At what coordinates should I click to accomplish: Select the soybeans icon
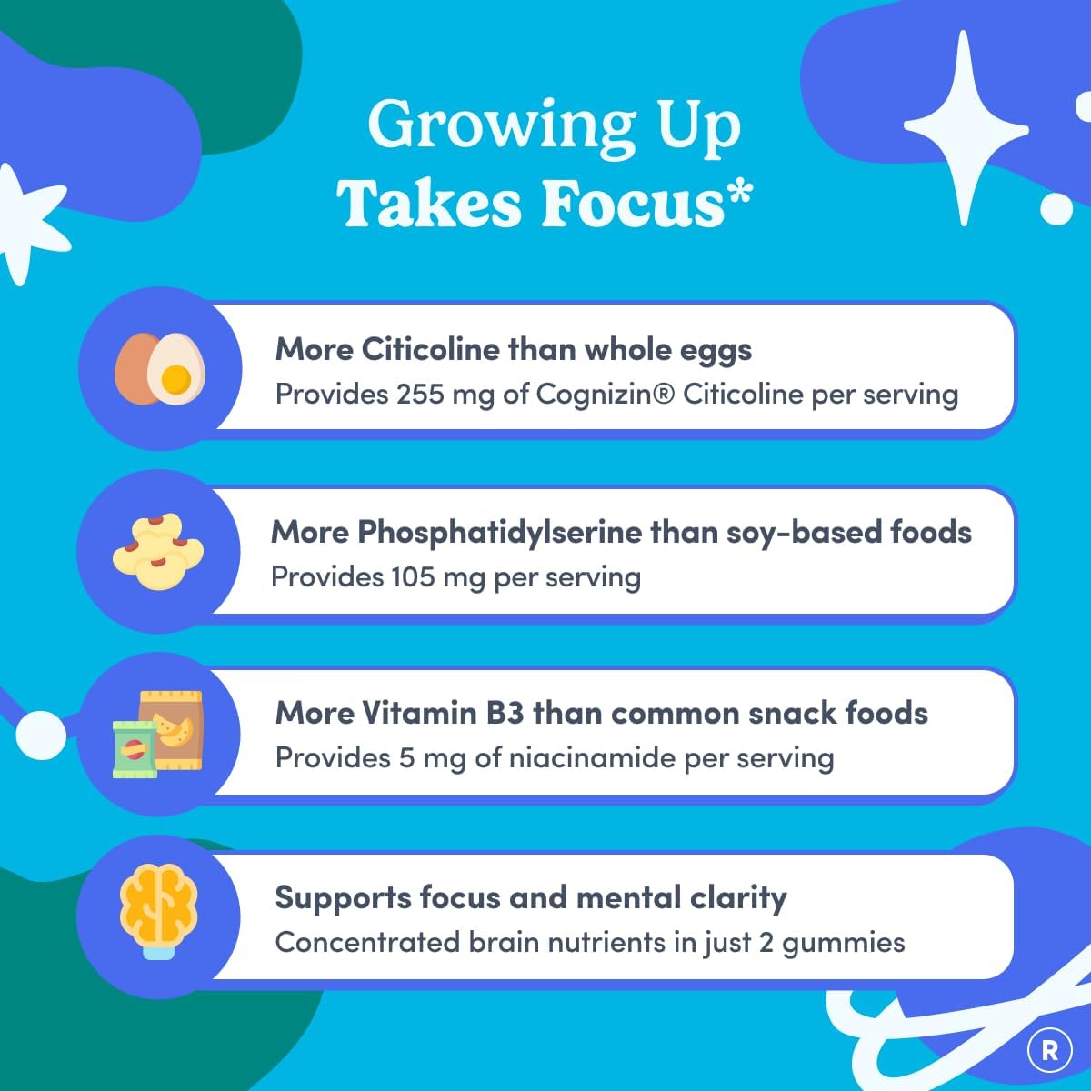point(158,551)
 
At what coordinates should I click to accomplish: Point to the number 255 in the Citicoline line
point(420,395)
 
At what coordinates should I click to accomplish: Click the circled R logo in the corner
point(1049,1051)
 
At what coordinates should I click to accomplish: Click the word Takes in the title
point(429,204)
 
